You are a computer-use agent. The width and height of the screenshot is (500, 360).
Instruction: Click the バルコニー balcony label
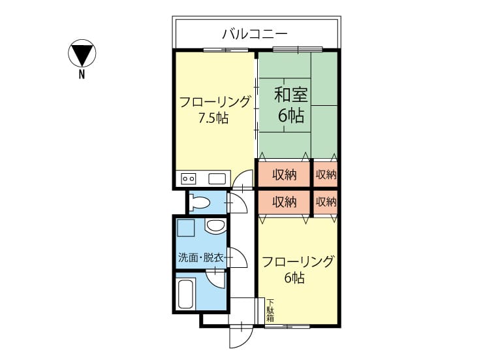255,33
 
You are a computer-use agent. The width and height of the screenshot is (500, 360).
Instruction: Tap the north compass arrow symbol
82,53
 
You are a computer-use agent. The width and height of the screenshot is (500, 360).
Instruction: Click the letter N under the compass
82,74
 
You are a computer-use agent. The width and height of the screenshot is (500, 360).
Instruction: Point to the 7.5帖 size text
213,118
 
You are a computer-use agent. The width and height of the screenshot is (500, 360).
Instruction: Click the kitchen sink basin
217,179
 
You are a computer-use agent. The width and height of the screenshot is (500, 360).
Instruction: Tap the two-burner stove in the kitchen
188,179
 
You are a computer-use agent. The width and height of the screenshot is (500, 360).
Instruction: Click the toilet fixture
199,202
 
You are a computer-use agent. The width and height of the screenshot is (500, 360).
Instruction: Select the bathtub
185,294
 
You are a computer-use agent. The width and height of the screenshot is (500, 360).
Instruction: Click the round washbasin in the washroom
215,226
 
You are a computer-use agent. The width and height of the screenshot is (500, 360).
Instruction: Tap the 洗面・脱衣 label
201,258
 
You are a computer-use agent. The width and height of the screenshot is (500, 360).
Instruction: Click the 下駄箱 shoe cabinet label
270,310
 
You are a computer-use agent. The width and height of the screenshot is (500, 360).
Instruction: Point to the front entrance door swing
241,336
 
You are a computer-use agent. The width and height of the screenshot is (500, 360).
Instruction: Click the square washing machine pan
185,227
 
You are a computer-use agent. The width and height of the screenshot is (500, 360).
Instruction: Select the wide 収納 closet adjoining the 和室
284,174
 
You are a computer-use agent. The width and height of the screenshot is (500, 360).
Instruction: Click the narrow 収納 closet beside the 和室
326,174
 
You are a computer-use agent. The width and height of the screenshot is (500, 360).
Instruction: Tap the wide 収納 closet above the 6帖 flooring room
284,202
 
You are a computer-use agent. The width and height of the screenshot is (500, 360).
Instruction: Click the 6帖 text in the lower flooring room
294,278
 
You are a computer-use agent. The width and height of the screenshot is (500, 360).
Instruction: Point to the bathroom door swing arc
215,279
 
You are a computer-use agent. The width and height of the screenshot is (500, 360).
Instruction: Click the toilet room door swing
238,203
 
